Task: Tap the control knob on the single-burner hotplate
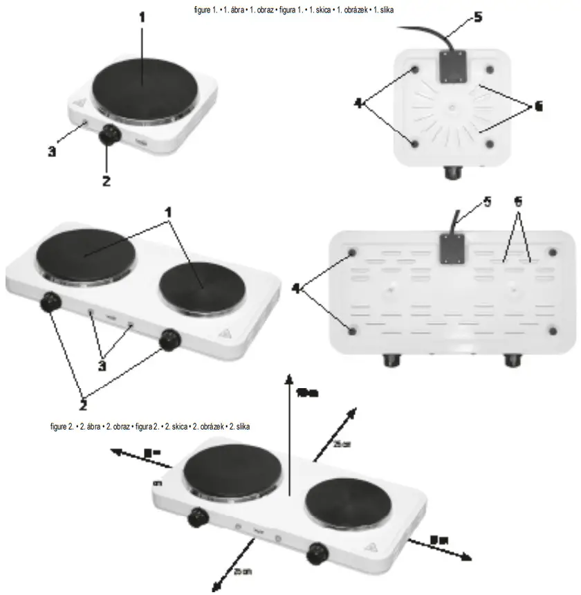108,134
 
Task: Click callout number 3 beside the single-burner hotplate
52,152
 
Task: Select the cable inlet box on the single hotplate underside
452,66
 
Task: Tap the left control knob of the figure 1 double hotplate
50,303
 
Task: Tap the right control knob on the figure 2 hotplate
319,551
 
